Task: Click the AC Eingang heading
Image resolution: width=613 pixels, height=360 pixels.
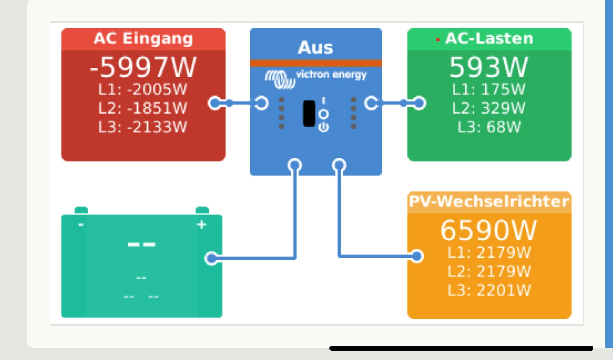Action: click(143, 38)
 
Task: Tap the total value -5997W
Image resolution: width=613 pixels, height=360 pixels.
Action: click(143, 67)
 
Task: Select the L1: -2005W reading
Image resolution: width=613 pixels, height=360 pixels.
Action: click(143, 89)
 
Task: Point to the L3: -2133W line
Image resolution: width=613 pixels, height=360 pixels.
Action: click(143, 127)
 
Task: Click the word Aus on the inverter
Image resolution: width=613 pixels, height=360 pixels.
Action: click(315, 48)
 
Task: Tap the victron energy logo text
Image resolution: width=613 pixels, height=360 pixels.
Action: click(331, 75)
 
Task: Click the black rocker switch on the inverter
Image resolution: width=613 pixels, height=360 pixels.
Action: click(309, 113)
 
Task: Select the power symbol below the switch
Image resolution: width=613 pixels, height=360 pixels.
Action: click(324, 127)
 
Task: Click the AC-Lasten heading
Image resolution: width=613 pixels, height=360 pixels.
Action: click(489, 38)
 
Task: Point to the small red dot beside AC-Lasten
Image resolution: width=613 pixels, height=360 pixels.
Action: click(438, 40)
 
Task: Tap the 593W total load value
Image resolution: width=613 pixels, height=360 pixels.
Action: click(489, 67)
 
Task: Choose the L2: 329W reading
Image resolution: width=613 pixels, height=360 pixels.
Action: click(489, 108)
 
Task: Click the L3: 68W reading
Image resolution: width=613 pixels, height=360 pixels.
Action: click(489, 127)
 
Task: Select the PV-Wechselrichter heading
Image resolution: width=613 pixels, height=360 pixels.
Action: click(489, 202)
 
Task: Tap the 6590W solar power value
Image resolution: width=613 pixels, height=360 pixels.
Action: click(489, 231)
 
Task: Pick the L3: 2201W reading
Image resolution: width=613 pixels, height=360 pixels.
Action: click(489, 290)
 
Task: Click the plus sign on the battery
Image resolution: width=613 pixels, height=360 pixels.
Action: click(201, 225)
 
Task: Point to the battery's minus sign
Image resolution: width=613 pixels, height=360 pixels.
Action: click(81, 225)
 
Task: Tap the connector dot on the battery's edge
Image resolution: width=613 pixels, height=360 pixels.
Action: click(211, 258)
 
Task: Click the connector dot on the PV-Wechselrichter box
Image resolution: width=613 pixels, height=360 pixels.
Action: click(417, 256)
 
